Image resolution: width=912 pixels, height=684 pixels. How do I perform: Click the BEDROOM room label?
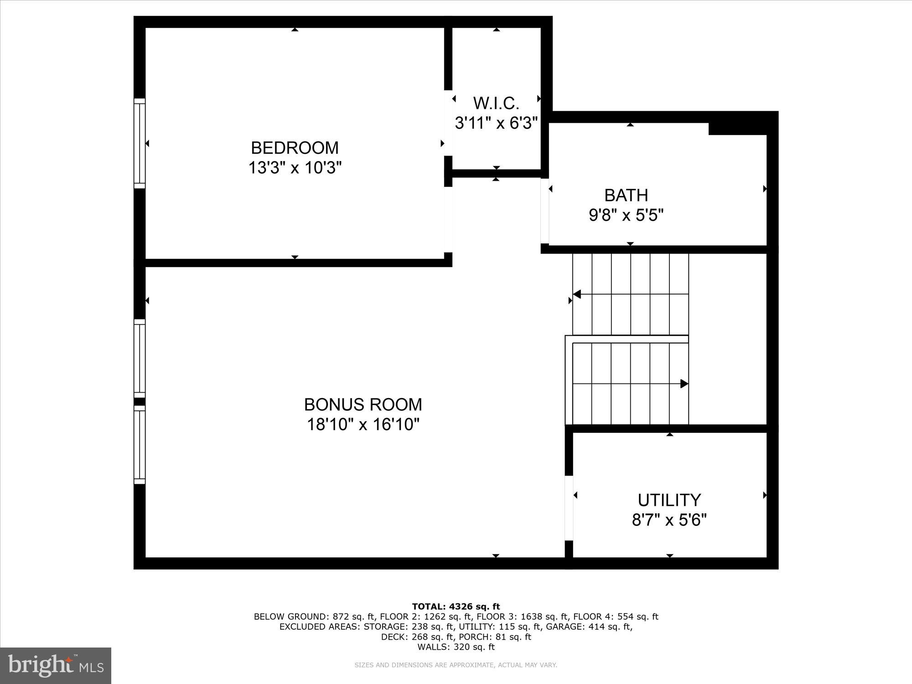[x=295, y=148]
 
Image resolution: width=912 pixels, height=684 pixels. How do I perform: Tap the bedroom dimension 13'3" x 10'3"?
[x=295, y=168]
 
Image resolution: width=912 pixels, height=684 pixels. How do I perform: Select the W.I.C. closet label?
[x=496, y=103]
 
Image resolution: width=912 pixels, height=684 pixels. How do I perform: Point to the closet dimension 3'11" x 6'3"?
[x=496, y=123]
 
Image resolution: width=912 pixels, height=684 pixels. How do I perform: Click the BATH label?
[x=626, y=195]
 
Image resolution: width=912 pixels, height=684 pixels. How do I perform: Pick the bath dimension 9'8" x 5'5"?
[x=626, y=215]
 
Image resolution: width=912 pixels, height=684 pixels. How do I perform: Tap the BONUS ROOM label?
[x=363, y=404]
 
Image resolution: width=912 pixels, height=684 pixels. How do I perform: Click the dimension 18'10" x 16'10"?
[x=363, y=425]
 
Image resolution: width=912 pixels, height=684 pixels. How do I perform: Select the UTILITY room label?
[x=669, y=500]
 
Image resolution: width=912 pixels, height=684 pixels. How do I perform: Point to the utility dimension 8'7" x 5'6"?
[x=669, y=520]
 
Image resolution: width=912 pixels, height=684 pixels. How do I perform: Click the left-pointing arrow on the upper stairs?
[x=577, y=294]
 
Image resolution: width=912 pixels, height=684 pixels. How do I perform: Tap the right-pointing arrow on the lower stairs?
[x=684, y=383]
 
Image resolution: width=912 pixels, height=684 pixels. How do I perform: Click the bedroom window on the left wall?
[x=140, y=143]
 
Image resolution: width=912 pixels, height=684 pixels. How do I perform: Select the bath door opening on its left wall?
[x=544, y=211]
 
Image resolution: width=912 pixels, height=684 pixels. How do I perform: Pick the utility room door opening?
[x=569, y=508]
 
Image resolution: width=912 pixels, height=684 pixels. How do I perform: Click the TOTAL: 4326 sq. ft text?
[x=456, y=606]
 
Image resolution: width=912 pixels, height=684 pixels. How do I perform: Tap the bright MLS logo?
[x=56, y=665]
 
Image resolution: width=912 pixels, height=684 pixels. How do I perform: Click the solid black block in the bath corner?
[x=737, y=129]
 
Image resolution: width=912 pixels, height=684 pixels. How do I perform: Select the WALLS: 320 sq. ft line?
[x=456, y=647]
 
